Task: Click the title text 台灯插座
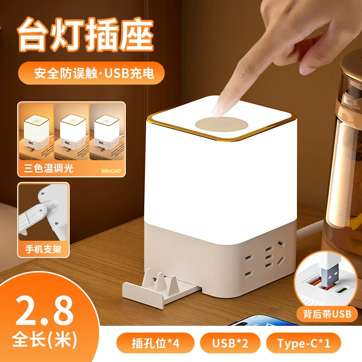(x=86, y=35)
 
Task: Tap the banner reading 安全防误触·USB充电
(x=91, y=73)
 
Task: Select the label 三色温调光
(x=48, y=168)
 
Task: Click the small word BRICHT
(x=111, y=171)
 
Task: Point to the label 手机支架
(x=43, y=249)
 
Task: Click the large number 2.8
(x=44, y=310)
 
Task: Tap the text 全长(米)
(x=44, y=339)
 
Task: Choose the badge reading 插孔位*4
(x=155, y=343)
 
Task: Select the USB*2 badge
(x=230, y=343)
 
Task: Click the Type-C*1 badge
(x=303, y=343)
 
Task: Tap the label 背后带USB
(x=327, y=314)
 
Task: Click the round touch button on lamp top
(x=222, y=124)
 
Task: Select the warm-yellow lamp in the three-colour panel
(x=36, y=132)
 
